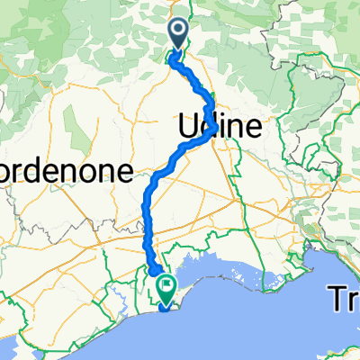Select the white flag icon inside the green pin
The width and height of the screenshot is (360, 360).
pos(166,285)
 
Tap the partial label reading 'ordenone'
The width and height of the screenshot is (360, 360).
pos(67,171)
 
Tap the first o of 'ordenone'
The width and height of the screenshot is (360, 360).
pos(5,172)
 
